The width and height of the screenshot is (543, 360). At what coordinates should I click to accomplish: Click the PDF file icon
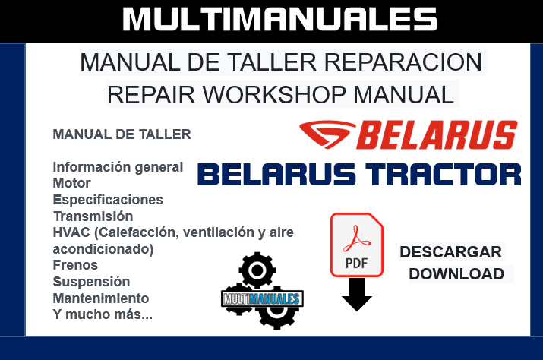tap(356, 245)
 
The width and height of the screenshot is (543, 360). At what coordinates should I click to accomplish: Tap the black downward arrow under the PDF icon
tap(356, 295)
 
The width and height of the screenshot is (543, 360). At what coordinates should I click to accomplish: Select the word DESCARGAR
tap(450, 252)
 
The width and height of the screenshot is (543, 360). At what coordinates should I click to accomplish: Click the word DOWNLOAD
tap(456, 274)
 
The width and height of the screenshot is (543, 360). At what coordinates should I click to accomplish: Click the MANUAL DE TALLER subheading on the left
tap(122, 135)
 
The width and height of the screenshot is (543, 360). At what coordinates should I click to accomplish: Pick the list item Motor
tap(71, 183)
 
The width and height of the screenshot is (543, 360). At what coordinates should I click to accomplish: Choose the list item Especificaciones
tap(108, 200)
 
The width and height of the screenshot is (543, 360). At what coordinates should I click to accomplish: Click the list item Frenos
tap(75, 265)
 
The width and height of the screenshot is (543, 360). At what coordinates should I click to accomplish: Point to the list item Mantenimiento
tap(100, 298)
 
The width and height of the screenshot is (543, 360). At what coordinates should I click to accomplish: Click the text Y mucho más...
tap(102, 314)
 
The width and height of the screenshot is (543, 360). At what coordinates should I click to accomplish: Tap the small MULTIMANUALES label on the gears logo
tap(262, 298)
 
